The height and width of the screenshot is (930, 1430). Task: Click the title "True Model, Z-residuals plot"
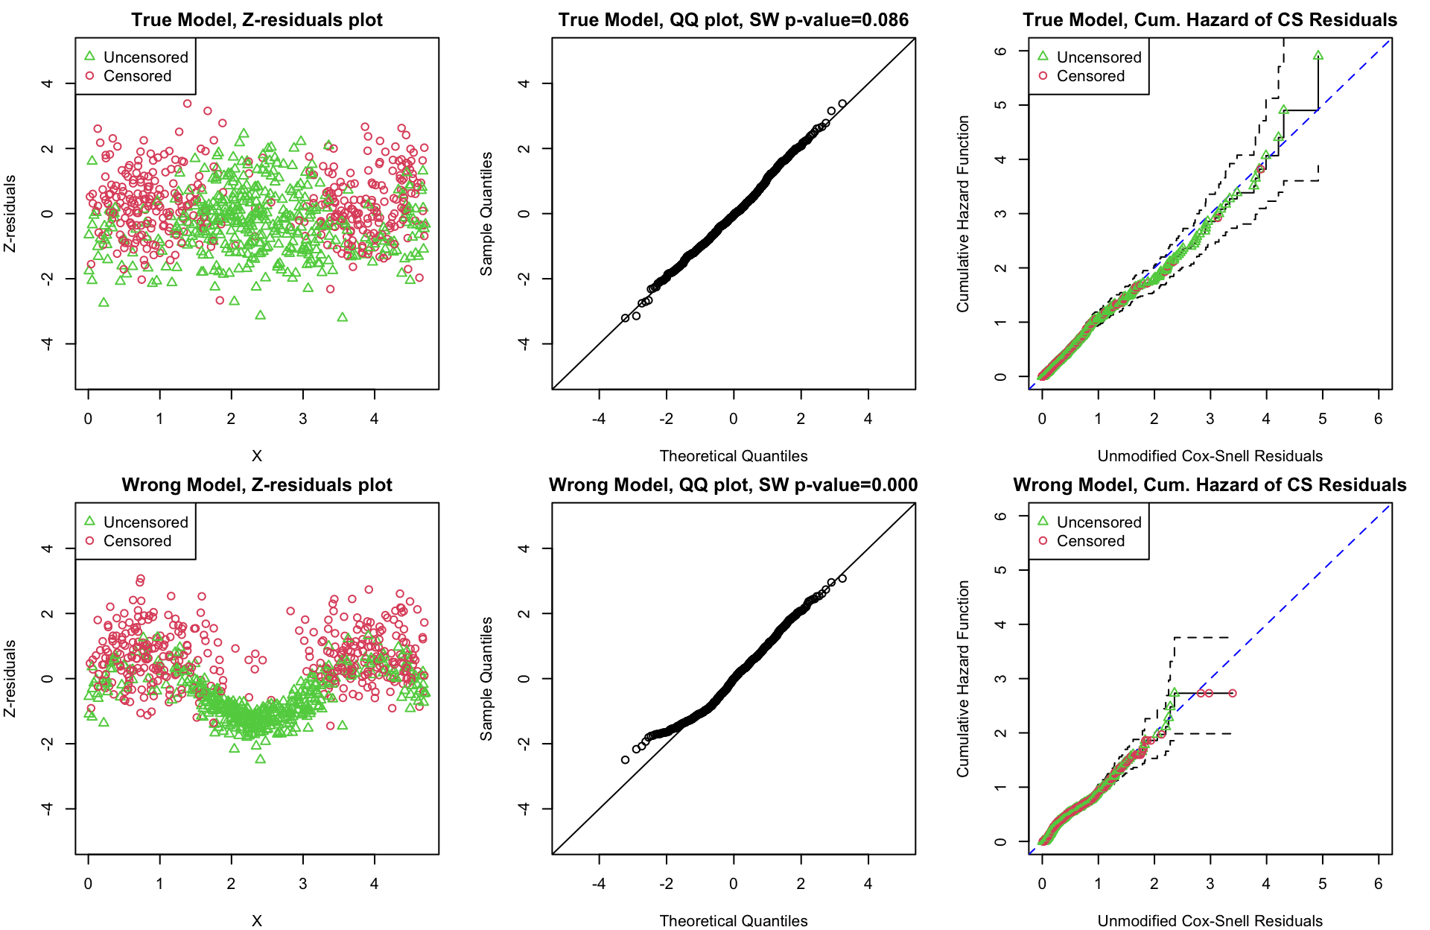257,20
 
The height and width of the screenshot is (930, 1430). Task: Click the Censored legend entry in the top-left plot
137,76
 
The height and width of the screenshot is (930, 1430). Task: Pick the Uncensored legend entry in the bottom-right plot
1099,522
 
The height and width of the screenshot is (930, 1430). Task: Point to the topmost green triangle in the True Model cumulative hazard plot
1318,55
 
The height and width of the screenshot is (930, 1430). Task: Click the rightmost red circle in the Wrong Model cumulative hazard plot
1233,693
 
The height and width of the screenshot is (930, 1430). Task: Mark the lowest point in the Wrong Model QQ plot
626,760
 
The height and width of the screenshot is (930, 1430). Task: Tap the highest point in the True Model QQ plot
842,104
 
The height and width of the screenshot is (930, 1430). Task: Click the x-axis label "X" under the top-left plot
257,456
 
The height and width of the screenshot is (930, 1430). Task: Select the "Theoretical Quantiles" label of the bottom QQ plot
734,921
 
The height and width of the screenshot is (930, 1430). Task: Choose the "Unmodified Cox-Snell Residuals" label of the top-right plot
1210,456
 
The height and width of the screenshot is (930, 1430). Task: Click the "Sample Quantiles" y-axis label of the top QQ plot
486,214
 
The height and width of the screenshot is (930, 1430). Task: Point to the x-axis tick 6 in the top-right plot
1379,419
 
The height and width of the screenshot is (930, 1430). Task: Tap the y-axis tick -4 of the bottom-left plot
48,809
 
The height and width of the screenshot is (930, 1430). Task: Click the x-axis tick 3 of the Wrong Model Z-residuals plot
303,884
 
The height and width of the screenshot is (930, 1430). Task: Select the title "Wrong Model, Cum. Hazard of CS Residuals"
1210,485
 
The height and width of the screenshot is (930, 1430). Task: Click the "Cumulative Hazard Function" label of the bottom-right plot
963,679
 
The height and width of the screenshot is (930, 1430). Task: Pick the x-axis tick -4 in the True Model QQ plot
599,419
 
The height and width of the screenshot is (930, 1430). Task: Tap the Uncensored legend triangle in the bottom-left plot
90,521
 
